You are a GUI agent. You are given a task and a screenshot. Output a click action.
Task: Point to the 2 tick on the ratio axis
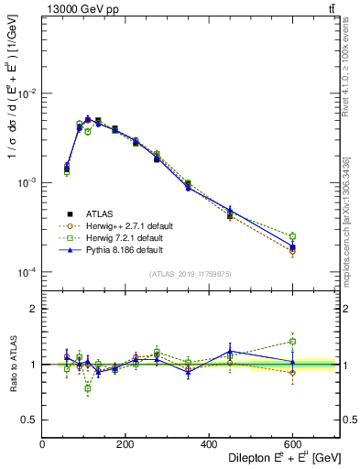point(33,309)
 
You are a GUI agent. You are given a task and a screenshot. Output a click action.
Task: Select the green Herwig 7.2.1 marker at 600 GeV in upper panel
point(292,236)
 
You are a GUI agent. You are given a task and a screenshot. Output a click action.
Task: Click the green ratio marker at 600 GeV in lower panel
point(292,342)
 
